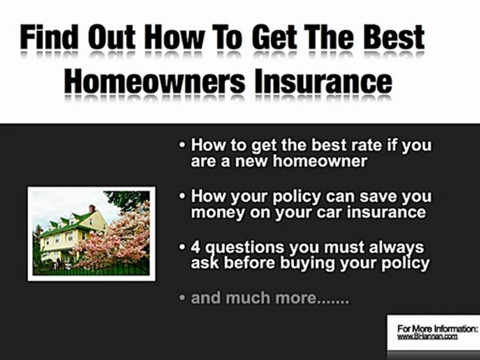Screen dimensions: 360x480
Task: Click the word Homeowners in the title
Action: click(155, 81)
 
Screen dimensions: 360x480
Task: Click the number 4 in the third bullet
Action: click(196, 247)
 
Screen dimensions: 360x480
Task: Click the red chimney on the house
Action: click(91, 209)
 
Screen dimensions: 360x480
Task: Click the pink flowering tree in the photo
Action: click(120, 240)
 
